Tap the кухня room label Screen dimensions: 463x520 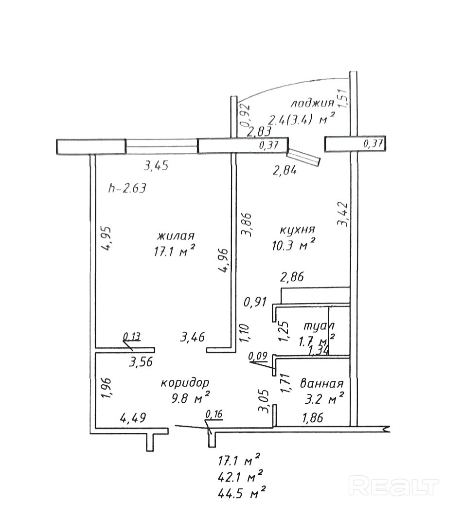297,230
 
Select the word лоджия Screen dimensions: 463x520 312,103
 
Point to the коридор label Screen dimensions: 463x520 185,382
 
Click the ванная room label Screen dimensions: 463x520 322,383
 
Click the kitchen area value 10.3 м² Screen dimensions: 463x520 295,245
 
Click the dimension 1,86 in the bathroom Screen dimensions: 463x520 313,417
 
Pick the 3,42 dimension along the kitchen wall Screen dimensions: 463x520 343,214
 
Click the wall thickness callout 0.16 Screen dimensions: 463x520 214,414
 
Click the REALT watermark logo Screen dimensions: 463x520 394,486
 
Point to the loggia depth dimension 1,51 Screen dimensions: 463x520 343,97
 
